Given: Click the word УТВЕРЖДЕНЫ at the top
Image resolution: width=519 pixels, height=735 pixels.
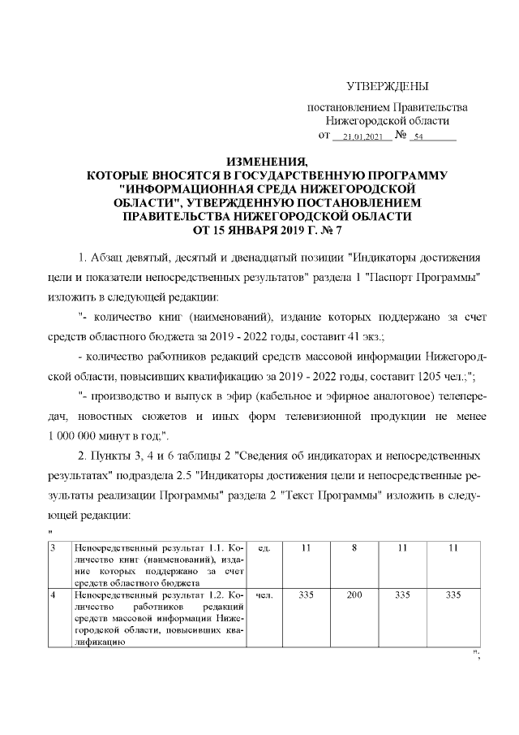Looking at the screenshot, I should pos(388,87).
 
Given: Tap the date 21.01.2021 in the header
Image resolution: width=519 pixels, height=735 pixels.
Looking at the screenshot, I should pos(362,137).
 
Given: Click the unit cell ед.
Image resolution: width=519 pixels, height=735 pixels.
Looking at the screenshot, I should pos(263,550).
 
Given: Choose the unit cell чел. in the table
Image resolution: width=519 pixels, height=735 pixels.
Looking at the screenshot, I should pos(263,595).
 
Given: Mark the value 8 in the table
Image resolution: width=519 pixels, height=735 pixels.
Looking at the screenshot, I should pos(354,550).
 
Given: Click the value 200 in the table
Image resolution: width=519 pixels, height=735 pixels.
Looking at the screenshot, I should pos(354,595).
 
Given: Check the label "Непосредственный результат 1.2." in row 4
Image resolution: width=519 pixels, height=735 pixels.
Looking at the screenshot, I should pos(131,595).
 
